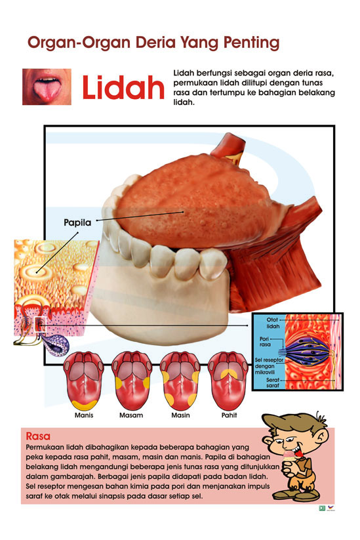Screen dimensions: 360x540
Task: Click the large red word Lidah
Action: click(123, 87)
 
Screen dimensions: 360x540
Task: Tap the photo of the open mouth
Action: click(47, 87)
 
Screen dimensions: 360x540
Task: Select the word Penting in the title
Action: click(251, 43)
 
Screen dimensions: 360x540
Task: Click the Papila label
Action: click(77, 222)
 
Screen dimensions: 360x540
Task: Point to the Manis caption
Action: click(84, 415)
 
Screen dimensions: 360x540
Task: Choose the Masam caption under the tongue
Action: click(131, 415)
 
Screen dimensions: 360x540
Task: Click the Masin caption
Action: click(181, 415)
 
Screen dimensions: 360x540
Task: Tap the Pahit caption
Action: click(230, 415)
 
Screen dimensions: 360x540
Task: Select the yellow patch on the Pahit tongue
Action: click(229, 373)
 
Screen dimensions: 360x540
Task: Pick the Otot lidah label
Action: click(273, 323)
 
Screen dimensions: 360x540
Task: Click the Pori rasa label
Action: click(265, 342)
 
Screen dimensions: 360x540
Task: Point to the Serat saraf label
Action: click(273, 383)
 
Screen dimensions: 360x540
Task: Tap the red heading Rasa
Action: click(38, 436)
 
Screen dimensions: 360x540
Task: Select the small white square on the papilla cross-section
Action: click(40, 323)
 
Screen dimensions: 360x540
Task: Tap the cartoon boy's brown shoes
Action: click(296, 495)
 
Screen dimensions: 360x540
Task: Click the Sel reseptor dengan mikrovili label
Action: click(269, 365)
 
